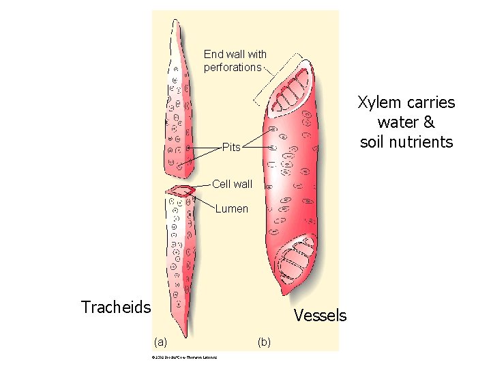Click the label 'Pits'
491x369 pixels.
[231, 147]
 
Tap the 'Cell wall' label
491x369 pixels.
[232, 184]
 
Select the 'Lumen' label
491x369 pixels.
[232, 208]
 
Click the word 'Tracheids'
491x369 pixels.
[116, 307]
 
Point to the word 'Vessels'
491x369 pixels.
[320, 315]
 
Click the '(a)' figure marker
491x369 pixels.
[160, 340]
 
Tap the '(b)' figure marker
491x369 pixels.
[264, 340]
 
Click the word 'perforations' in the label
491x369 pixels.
[233, 67]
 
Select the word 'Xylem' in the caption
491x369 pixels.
[377, 102]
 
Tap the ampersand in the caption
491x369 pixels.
[428, 122]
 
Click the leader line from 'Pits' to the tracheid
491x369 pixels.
[205, 147]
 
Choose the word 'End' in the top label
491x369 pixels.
[213, 54]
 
